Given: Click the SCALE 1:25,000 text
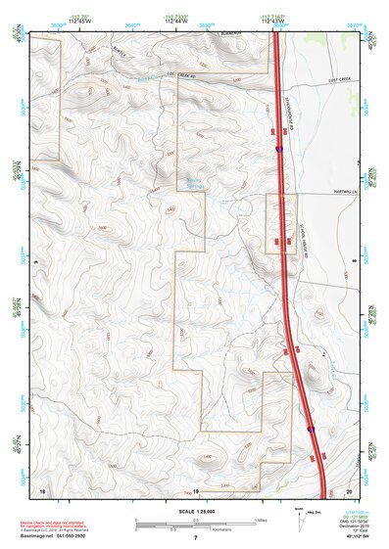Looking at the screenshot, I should (x=196, y=511).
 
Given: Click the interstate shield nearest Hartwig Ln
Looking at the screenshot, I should (x=280, y=149).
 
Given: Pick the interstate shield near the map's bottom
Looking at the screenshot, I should (x=312, y=428).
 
